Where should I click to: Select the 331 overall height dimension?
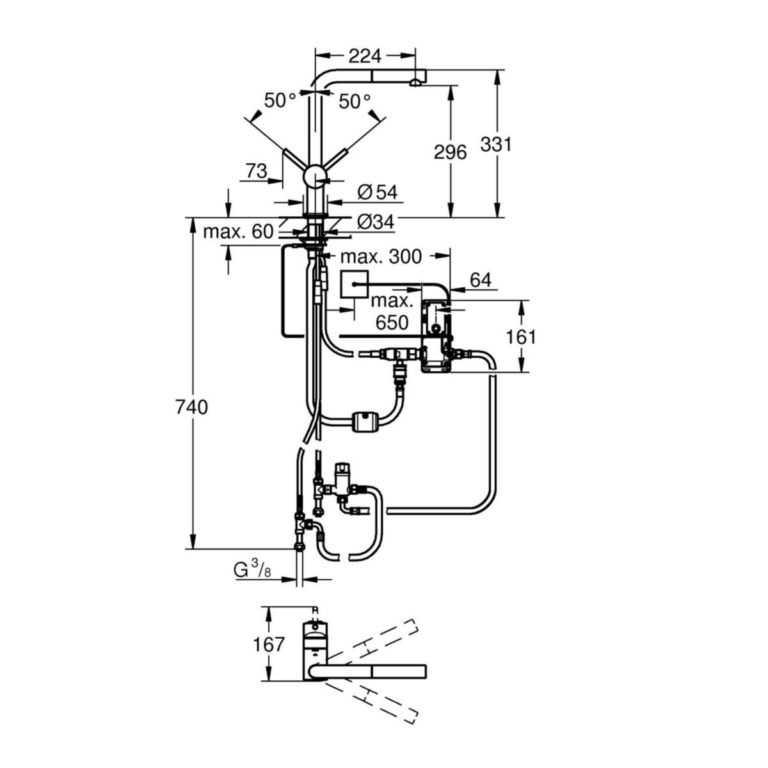[x=497, y=145]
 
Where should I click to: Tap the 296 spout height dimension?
[x=451, y=152]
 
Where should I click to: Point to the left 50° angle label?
[x=280, y=100]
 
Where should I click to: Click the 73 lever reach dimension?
[x=256, y=171]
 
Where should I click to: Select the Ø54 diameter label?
[x=377, y=191]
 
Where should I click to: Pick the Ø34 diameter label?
[x=375, y=221]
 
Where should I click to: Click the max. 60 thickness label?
[x=238, y=231]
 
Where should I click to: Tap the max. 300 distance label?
[x=381, y=257]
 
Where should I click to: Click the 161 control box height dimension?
[x=521, y=336]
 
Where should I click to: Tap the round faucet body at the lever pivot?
[x=315, y=175]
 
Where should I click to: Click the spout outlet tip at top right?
[x=416, y=81]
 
